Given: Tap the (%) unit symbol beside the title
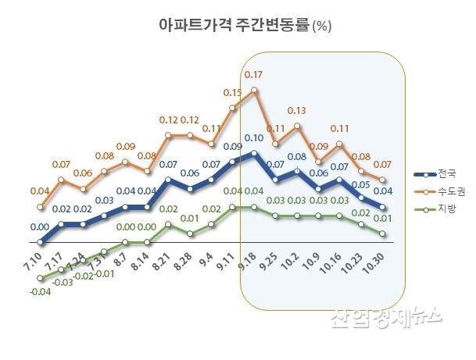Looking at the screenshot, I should coord(322,27).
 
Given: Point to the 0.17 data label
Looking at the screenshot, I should coord(253,75).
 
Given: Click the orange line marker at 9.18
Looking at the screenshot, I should coord(254,90).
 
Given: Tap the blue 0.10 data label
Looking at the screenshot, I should coord(253,138).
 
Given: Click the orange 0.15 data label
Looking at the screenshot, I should coord(232,92).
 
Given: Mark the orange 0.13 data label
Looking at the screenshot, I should coord(296,110).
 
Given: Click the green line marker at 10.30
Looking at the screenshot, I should coord(383,233).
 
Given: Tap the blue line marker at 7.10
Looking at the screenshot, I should coord(41,243).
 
